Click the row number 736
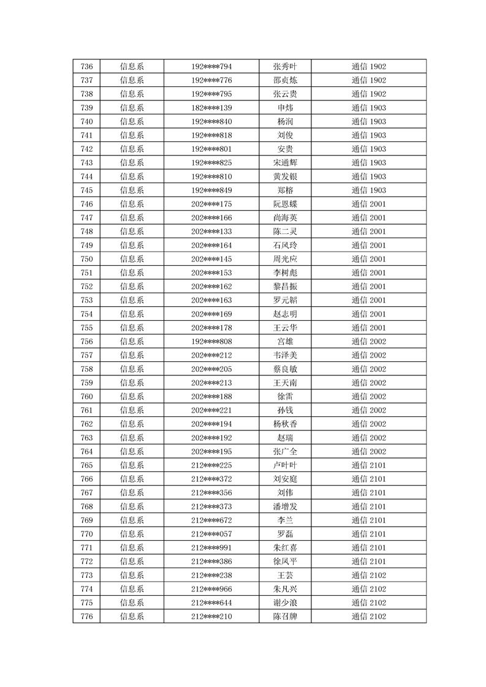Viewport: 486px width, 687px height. coord(86,67)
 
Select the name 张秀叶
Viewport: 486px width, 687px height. coord(285,67)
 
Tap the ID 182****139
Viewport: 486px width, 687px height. coord(211,108)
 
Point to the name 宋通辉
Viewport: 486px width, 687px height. coord(285,163)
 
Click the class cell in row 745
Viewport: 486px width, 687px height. coord(368,190)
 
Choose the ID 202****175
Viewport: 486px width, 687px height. coord(211,204)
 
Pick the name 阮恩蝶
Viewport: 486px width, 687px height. coord(285,204)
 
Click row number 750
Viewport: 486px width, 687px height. coord(86,259)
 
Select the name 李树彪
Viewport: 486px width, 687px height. coord(285,273)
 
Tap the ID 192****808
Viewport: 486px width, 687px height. coord(211,342)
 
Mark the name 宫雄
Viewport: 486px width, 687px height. coord(285,342)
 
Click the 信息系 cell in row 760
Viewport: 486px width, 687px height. coord(132,397)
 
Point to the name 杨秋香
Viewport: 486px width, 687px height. coord(285,424)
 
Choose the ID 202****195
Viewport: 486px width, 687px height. coord(211,451)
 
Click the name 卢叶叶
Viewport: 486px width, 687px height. coord(285,465)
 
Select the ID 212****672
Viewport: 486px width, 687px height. coord(211,520)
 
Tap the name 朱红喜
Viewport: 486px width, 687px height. coord(285,547)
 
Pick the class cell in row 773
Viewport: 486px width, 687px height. coord(368,575)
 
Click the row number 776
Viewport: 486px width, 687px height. coord(86,616)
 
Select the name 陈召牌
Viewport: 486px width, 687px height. coord(285,616)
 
